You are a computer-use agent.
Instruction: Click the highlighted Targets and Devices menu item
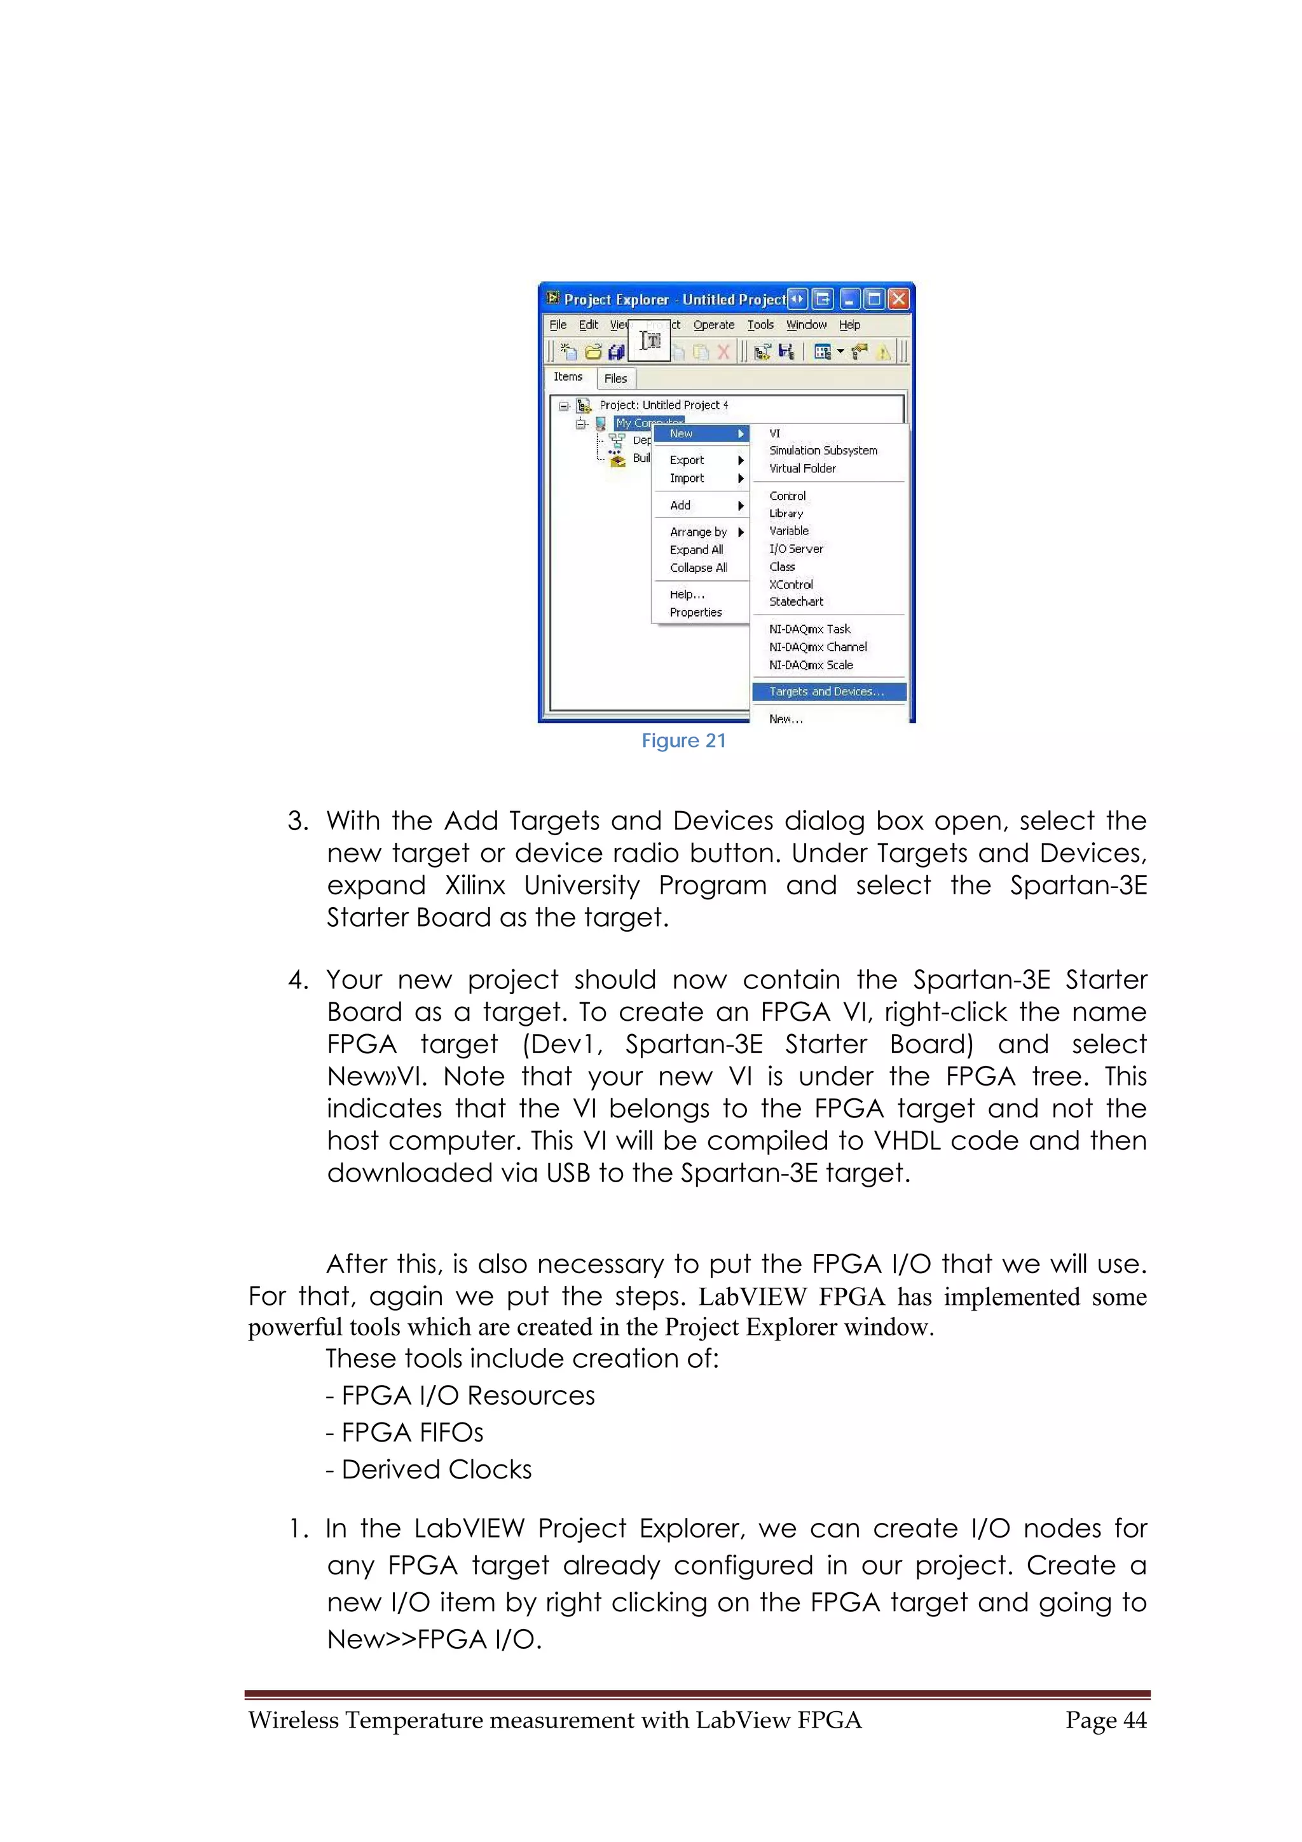tap(827, 692)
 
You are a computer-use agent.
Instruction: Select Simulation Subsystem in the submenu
tap(823, 451)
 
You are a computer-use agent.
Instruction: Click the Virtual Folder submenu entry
tap(802, 468)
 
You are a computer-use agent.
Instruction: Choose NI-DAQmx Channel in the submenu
tap(818, 646)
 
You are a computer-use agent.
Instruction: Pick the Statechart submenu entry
tap(796, 602)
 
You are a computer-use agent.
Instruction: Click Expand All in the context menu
tap(696, 550)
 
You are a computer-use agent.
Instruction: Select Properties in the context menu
tap(696, 612)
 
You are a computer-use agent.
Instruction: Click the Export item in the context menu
tap(687, 460)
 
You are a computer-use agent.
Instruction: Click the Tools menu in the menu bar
tap(760, 325)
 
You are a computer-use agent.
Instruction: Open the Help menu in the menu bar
tap(849, 325)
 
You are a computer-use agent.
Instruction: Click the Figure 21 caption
tap(683, 740)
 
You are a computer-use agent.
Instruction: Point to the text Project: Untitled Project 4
tap(664, 405)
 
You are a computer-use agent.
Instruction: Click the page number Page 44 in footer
tap(1106, 1720)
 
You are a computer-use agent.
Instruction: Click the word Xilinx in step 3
tap(475, 885)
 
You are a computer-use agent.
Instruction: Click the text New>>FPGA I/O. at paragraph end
tap(434, 1639)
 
